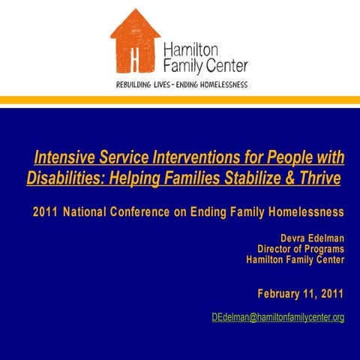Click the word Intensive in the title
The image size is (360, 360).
tap(65, 158)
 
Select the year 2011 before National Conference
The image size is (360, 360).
tap(45, 212)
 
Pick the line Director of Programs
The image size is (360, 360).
tap(301, 249)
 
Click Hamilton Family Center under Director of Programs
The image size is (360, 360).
tap(295, 259)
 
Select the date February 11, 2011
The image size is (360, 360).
tap(301, 292)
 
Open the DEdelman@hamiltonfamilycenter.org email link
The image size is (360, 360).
tap(277, 318)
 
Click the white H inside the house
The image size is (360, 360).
tap(135, 58)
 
